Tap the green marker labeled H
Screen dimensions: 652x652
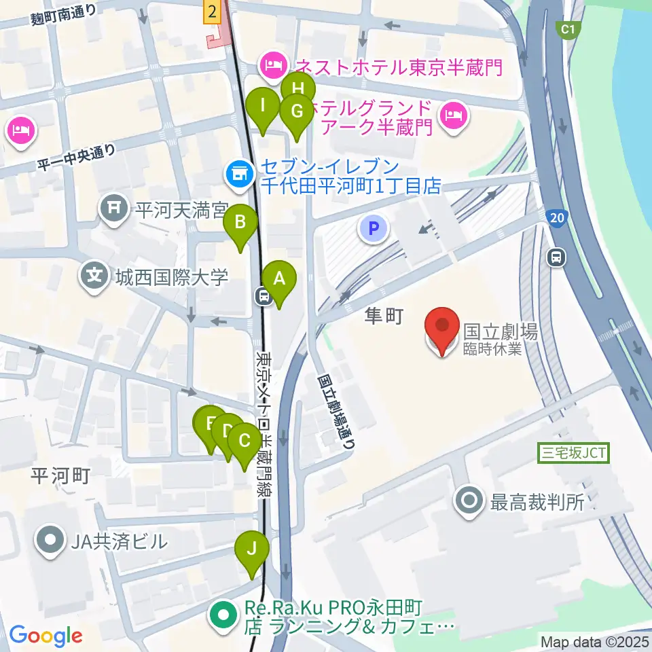click(298, 89)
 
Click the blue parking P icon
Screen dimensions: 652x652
click(373, 229)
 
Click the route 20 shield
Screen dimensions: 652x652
click(556, 217)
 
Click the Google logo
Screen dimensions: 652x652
click(46, 636)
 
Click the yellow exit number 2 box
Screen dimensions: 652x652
click(213, 11)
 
